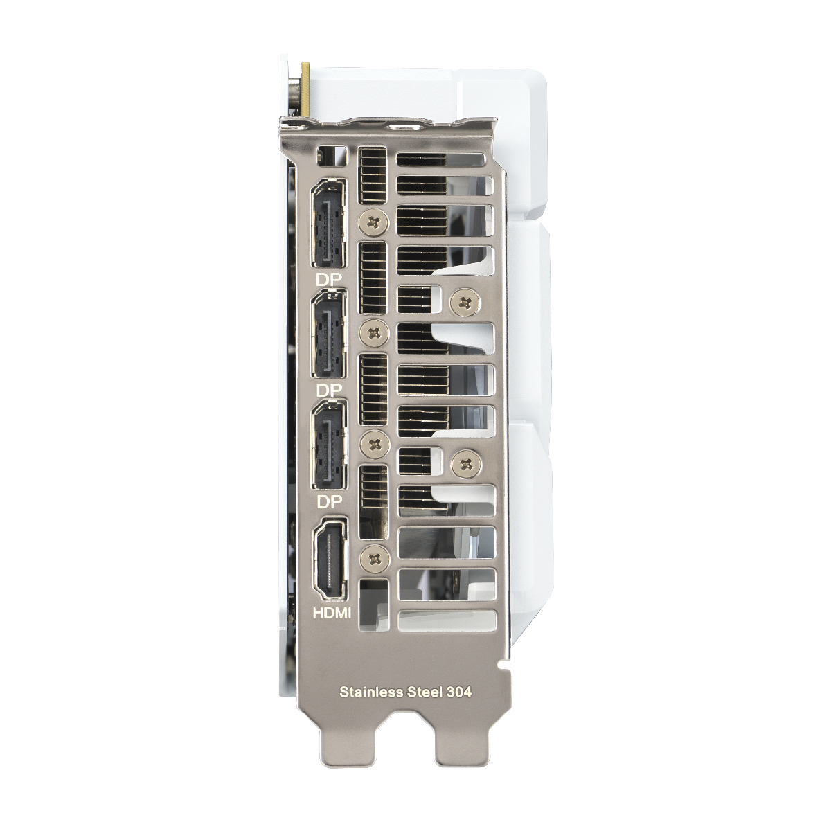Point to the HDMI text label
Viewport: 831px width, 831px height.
332,613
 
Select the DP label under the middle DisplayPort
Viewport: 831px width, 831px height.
329,391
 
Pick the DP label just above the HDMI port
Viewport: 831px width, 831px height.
329,501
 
